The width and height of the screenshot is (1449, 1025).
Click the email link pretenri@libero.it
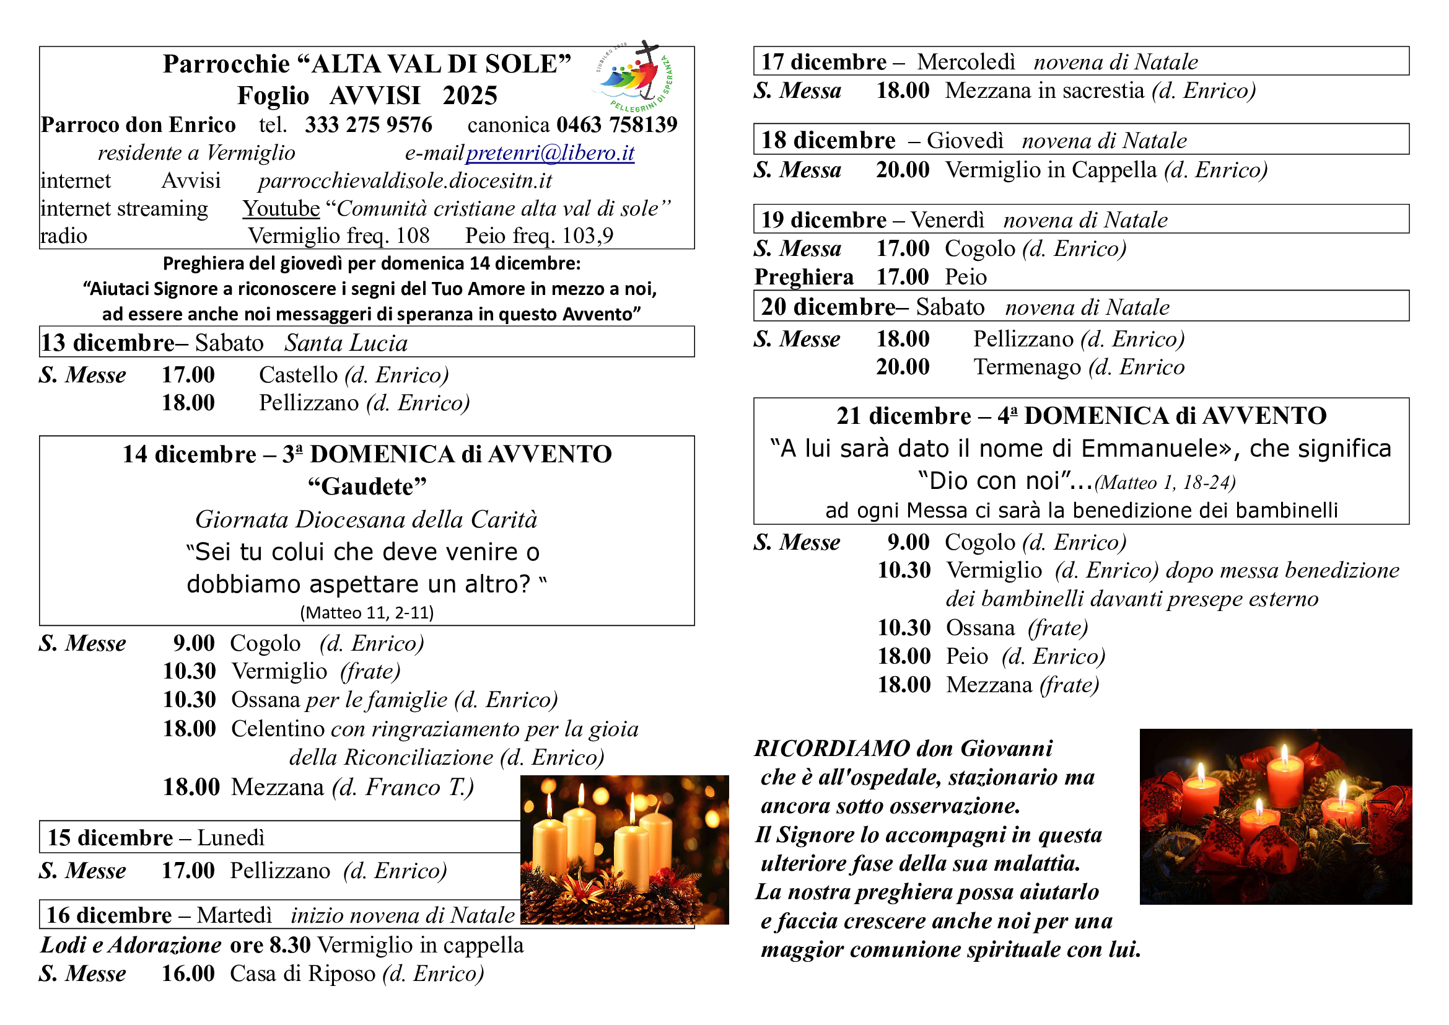pyautogui.click(x=549, y=153)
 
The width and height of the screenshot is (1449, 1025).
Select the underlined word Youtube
pyautogui.click(x=281, y=208)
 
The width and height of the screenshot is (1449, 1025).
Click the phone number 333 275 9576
pyautogui.click(x=369, y=125)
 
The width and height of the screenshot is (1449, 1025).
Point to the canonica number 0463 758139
pyautogui.click(x=616, y=125)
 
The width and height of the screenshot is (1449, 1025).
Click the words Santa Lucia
pyautogui.click(x=346, y=343)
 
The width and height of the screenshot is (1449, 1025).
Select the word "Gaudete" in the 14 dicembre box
pyautogui.click(x=367, y=486)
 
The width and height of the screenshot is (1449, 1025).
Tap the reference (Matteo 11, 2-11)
pyautogui.click(x=367, y=612)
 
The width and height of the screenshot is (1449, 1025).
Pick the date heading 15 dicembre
pyautogui.click(x=110, y=838)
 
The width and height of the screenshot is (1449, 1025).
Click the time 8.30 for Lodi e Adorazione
pyautogui.click(x=290, y=945)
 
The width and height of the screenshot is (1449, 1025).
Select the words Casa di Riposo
pyautogui.click(x=302, y=974)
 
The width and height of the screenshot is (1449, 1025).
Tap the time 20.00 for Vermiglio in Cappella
pyautogui.click(x=903, y=170)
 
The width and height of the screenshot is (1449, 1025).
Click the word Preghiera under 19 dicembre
pyautogui.click(x=803, y=277)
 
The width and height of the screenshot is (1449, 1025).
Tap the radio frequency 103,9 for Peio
pyautogui.click(x=587, y=236)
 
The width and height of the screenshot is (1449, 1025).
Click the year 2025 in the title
pyautogui.click(x=470, y=96)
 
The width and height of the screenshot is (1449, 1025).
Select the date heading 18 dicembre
pyautogui.click(x=828, y=140)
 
